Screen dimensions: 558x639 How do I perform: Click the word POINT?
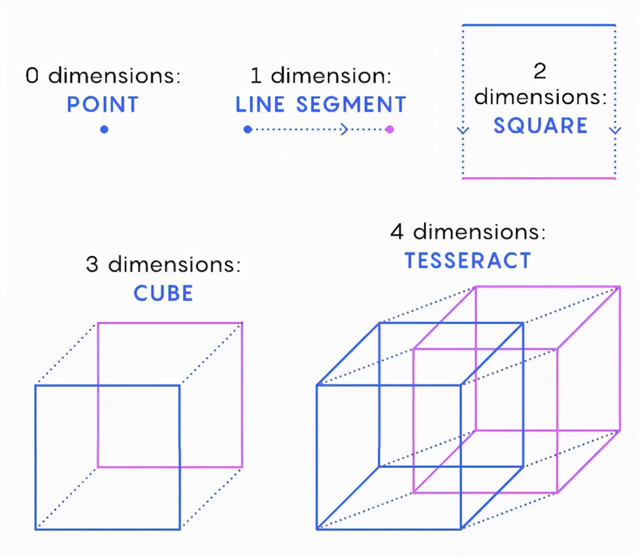(102, 105)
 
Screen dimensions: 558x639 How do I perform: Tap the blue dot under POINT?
(104, 130)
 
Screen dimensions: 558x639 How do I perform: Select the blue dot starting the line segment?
(248, 130)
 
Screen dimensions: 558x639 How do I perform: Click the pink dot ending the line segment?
(389, 130)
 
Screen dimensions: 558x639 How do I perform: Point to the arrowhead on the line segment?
(344, 130)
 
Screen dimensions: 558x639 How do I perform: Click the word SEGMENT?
(351, 105)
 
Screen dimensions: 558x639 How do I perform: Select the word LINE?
(260, 105)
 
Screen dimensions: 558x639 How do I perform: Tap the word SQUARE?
(540, 126)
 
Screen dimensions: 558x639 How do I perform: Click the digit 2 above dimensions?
(540, 71)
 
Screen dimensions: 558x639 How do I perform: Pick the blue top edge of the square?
(539, 25)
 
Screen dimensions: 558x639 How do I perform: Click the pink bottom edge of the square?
(539, 178)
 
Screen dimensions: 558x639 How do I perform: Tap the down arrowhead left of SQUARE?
(463, 131)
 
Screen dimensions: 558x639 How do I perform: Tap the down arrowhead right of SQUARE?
(616, 131)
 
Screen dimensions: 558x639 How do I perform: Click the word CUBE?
(163, 293)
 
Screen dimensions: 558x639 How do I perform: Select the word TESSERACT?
(468, 261)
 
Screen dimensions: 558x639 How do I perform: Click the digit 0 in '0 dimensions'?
(32, 76)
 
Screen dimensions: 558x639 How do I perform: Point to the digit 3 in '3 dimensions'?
(92, 265)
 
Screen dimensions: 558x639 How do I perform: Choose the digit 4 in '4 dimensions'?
(397, 232)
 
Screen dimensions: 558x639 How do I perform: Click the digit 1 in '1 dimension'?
(256, 76)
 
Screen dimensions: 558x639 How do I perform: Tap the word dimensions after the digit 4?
(479, 232)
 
